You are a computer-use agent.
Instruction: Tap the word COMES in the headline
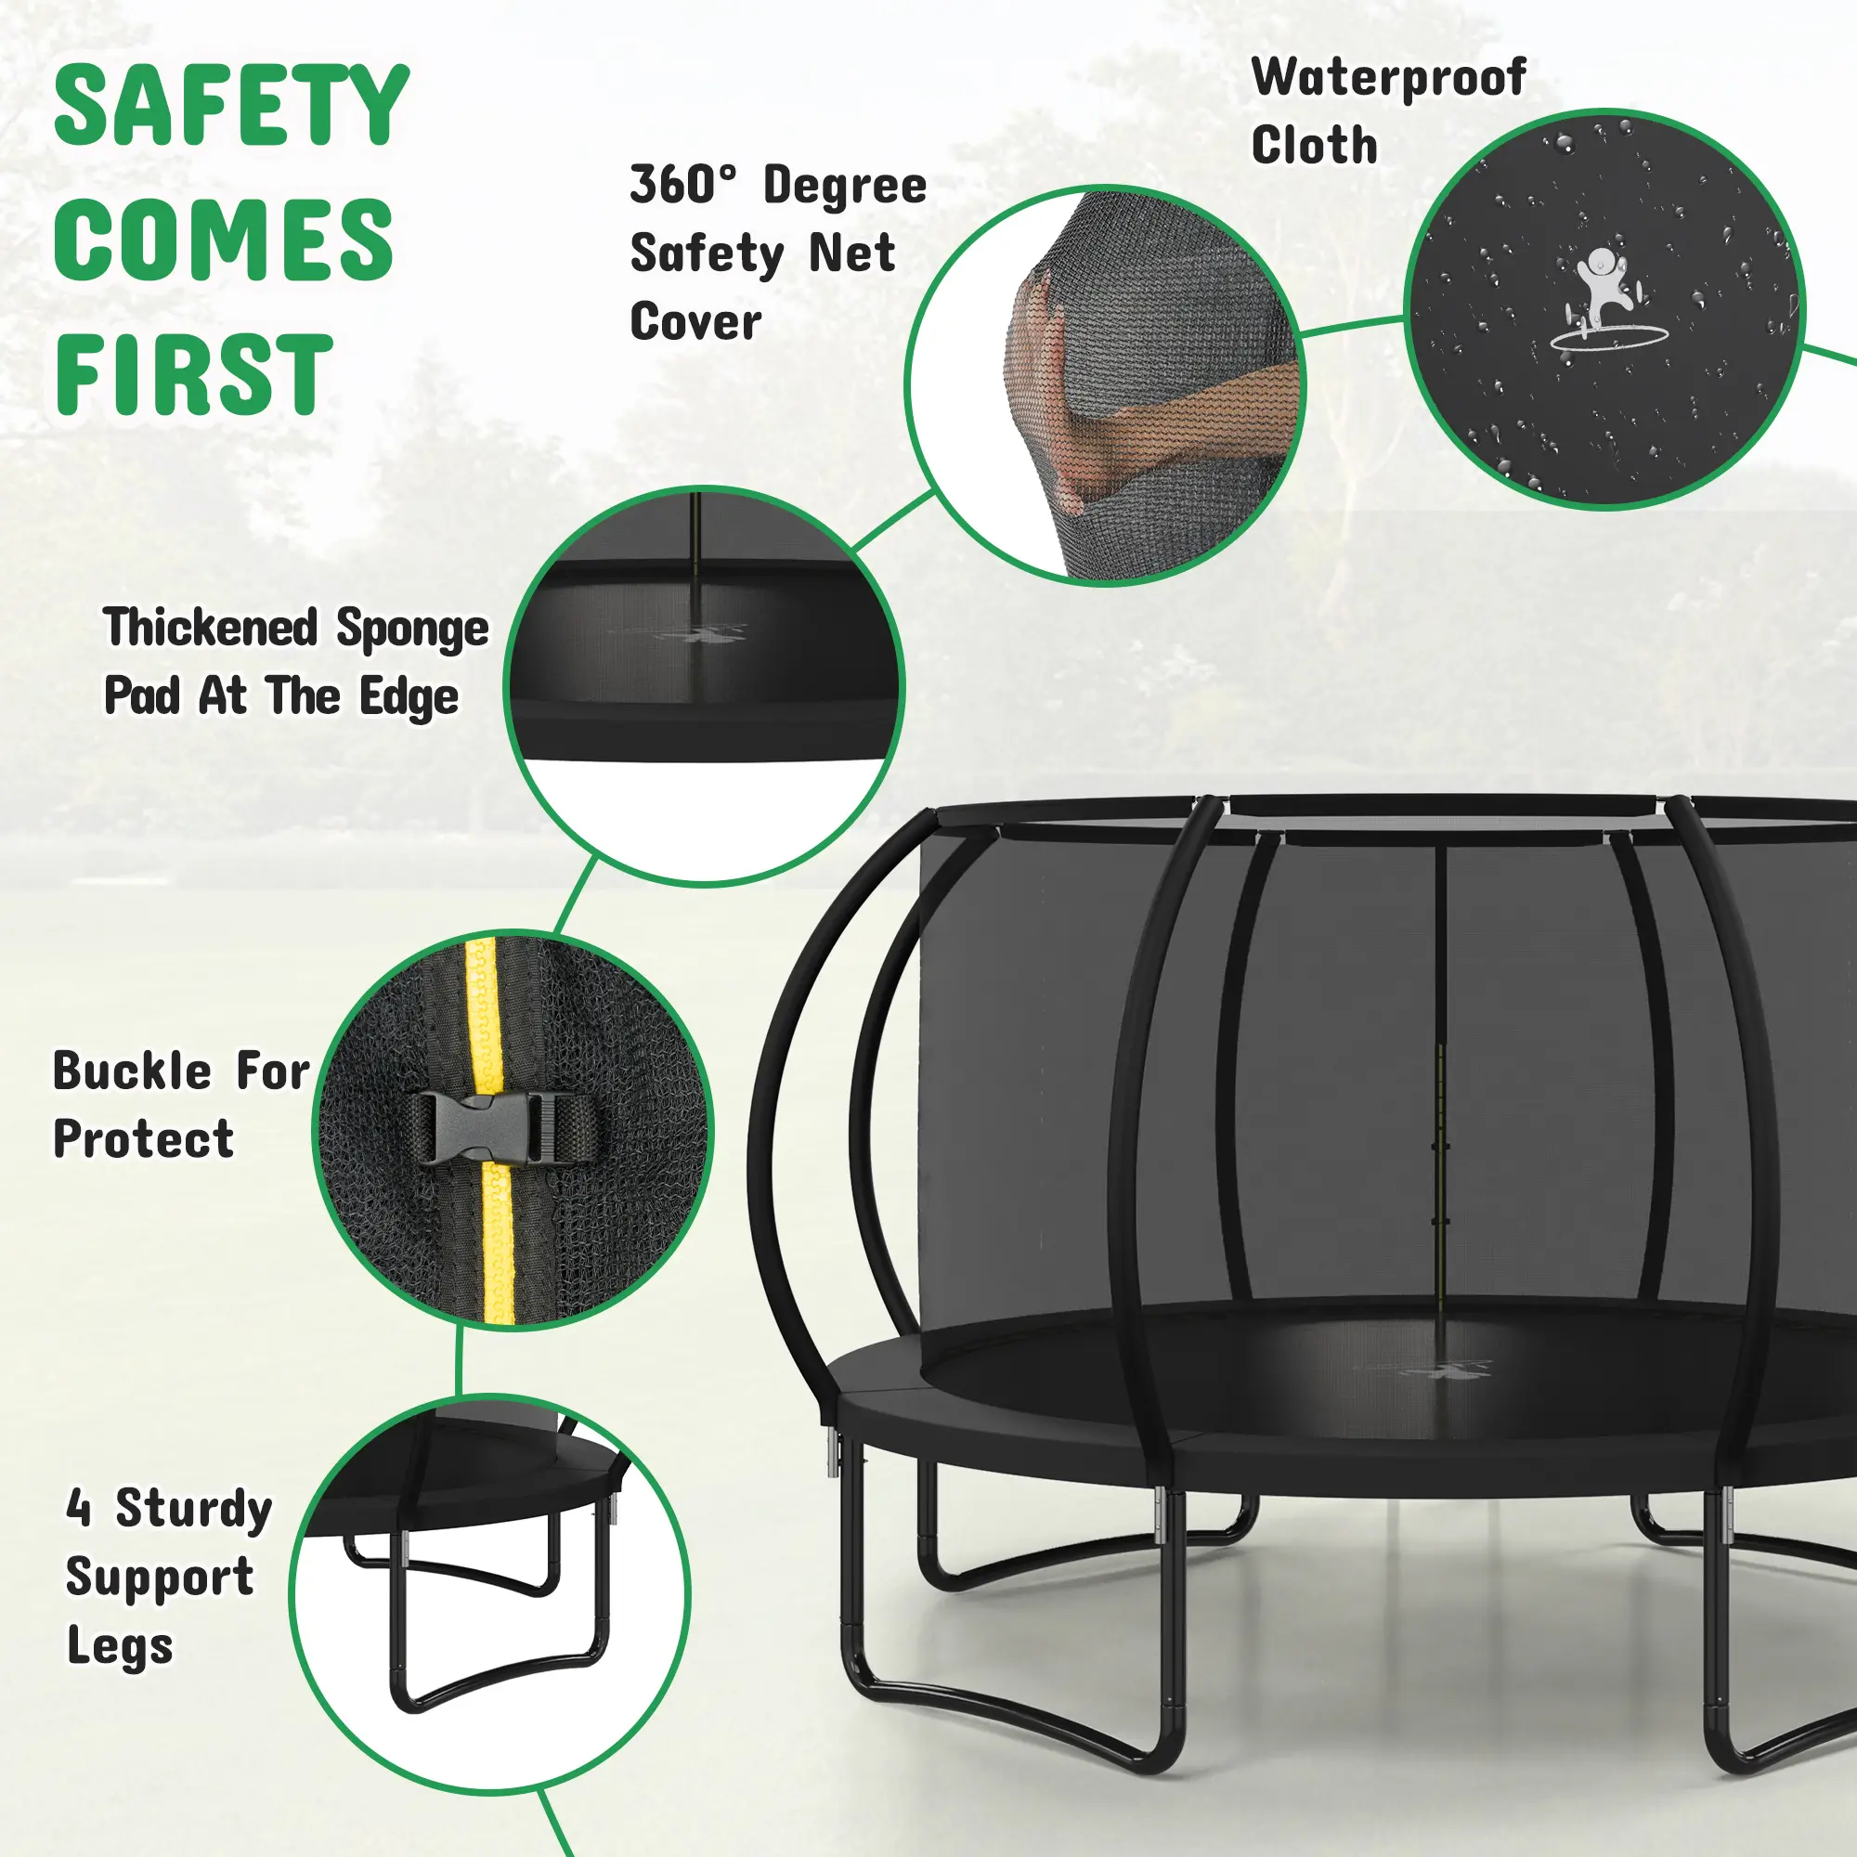224,240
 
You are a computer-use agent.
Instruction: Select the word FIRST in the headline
193,374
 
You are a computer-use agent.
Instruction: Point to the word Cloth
1314,146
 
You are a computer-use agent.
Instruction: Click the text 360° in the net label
684,185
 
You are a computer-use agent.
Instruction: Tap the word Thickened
210,627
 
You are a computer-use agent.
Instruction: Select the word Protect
143,1139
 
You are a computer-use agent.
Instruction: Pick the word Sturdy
194,1510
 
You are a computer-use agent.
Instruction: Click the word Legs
120,1647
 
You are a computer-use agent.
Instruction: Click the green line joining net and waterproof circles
1351,326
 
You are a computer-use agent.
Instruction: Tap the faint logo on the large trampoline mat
1422,1369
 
